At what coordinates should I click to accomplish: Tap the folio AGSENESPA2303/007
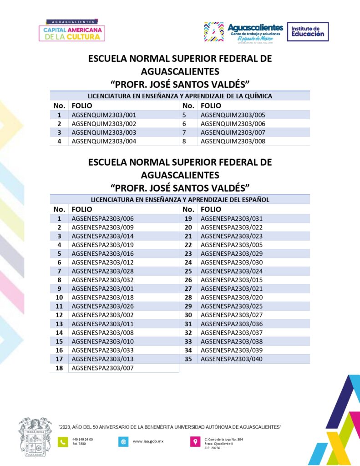pyautogui.click(x=103, y=368)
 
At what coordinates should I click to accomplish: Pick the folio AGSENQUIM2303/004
pyautogui.click(x=104, y=141)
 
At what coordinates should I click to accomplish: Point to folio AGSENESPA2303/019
pyautogui.click(x=103, y=245)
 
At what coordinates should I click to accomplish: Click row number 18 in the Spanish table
pyautogui.click(x=59, y=368)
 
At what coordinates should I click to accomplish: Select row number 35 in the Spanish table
pyautogui.click(x=188, y=359)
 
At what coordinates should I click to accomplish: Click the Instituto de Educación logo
pyautogui.click(x=308, y=31)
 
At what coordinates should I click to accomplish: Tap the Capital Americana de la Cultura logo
pyautogui.click(x=73, y=30)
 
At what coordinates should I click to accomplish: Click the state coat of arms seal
pyautogui.click(x=35, y=437)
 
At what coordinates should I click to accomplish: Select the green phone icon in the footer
pyautogui.click(x=63, y=441)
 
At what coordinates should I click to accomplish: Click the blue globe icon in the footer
pyautogui.click(x=123, y=441)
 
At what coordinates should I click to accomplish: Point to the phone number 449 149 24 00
pyautogui.click(x=82, y=439)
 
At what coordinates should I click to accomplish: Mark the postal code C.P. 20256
pyautogui.click(x=213, y=448)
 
